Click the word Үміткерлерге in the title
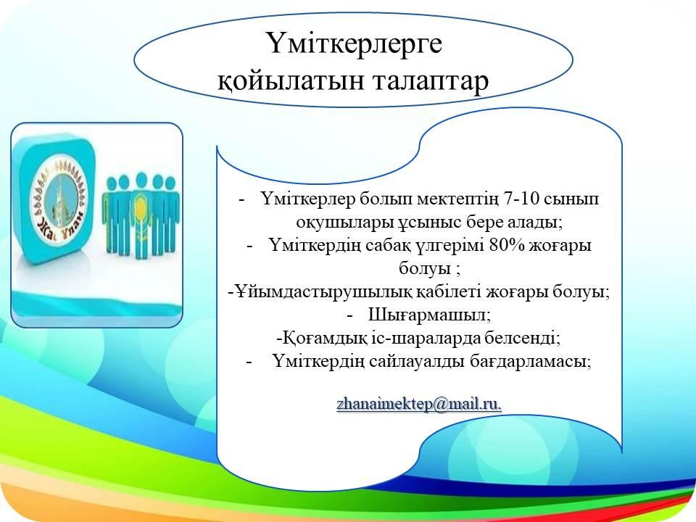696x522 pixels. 355,44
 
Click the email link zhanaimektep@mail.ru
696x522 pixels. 419,405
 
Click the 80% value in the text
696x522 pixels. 506,245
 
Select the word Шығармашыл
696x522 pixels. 429,315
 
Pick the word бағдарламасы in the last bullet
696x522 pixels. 531,362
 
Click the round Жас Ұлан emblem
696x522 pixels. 59,202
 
